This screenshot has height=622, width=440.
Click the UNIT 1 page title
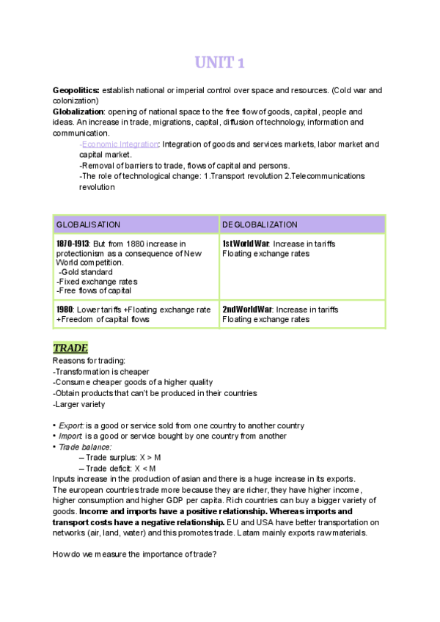coord(219,64)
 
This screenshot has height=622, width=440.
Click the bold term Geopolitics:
coord(76,90)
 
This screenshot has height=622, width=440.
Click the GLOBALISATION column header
coord(88,224)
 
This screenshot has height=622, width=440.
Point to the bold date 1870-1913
coord(72,244)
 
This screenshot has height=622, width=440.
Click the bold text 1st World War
coord(246,244)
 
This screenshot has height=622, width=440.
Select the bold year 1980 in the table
coord(64,310)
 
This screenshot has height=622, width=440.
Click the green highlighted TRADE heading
coord(70,348)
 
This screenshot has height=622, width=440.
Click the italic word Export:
coord(71,426)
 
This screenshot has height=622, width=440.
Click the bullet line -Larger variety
coord(78,403)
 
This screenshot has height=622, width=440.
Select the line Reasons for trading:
coord(89,360)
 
